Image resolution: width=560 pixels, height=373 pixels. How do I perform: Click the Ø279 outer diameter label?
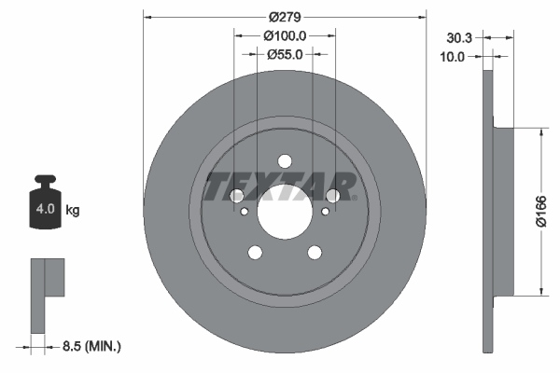coord(284,17)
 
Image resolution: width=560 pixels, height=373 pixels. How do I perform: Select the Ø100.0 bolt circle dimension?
coord(285,35)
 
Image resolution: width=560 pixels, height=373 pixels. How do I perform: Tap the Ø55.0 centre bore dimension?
coord(285,54)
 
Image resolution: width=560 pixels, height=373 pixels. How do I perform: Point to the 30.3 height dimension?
coord(458,38)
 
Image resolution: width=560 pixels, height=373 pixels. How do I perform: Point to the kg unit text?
coord(73,211)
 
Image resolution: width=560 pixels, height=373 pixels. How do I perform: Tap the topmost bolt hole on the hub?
coord(285,159)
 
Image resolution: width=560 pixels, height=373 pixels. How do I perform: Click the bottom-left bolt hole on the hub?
coord(254,252)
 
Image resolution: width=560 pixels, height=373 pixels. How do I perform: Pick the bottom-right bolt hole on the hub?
coord(315,252)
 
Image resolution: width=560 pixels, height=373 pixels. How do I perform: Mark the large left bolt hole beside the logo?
coord(236,196)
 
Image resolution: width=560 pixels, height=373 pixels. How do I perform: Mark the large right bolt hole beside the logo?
coord(332,196)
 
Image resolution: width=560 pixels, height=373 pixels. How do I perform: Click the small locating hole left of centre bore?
coord(245,213)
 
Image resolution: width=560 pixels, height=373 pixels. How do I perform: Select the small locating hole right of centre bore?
coord(324,213)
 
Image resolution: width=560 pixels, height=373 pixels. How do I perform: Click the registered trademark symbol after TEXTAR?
coord(355,197)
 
